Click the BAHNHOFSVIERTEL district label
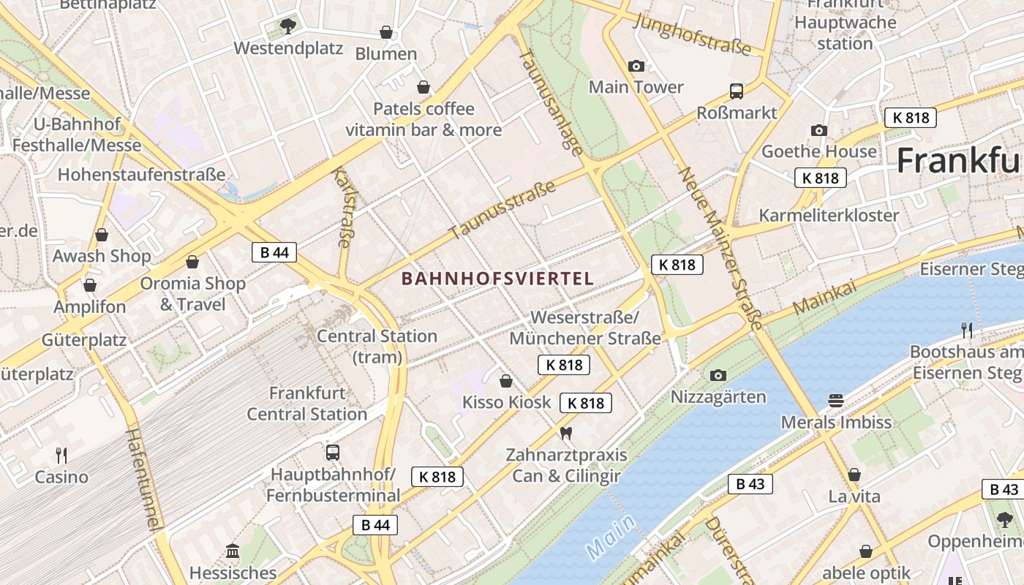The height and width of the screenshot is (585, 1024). tap(497, 279)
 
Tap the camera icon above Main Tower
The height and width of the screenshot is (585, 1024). tap(636, 66)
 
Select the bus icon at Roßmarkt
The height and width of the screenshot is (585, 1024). tap(736, 91)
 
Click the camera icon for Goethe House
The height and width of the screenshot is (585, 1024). tap(818, 130)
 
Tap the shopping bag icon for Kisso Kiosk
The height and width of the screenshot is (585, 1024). tap(505, 381)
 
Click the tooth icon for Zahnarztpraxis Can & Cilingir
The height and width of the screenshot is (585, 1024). tap(565, 434)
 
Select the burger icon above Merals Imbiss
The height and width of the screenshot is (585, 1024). tap(836, 401)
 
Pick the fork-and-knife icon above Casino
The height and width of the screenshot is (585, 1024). tap(61, 456)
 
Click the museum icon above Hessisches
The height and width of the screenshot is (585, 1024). tap(233, 551)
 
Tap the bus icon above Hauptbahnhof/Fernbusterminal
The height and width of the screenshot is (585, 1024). tap(332, 453)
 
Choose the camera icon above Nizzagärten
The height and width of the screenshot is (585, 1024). tap(718, 375)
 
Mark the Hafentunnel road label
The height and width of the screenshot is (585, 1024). tap(143, 480)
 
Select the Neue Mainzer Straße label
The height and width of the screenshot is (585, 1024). tap(721, 249)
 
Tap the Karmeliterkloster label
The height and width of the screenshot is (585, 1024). tap(829, 216)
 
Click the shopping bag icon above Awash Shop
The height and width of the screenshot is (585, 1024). tap(101, 235)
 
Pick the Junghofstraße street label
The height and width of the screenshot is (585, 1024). tap(693, 34)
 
